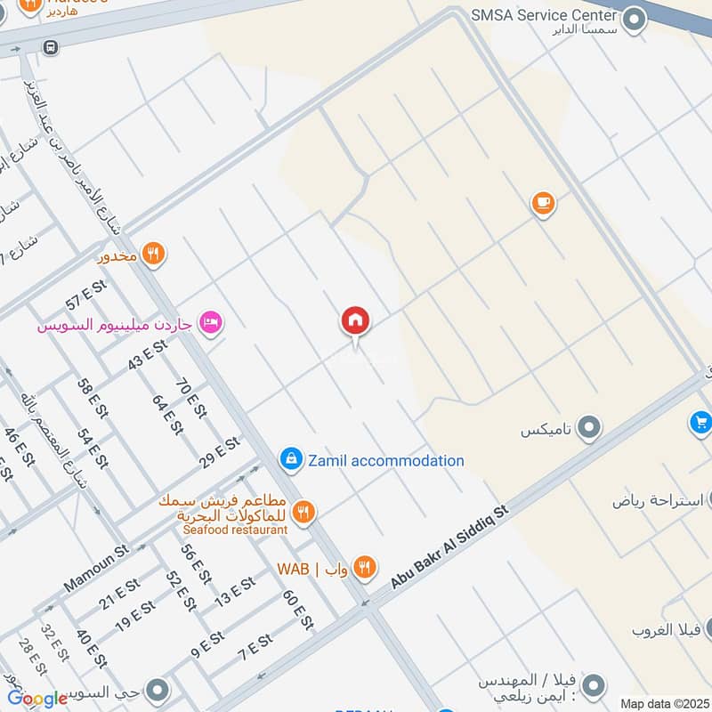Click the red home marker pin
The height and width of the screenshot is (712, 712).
pyautogui.click(x=356, y=321)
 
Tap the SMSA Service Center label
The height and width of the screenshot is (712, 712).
pyautogui.click(x=545, y=15)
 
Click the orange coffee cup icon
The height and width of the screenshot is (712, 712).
pyautogui.click(x=543, y=204)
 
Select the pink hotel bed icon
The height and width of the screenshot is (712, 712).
pyautogui.click(x=210, y=321)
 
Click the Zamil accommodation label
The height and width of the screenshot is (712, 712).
pyautogui.click(x=385, y=461)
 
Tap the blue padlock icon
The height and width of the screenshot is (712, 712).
pyautogui.click(x=289, y=459)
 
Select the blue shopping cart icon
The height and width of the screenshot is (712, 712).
pyautogui.click(x=700, y=422)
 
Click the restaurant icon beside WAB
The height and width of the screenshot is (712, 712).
pyautogui.click(x=364, y=567)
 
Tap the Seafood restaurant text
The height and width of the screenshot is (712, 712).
pyautogui.click(x=235, y=530)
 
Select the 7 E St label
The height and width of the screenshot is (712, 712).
pyautogui.click(x=255, y=648)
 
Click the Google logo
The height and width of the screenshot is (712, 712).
pyautogui.click(x=37, y=699)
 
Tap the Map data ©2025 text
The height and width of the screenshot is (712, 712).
pyautogui.click(x=663, y=703)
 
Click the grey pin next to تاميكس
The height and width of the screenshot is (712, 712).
pyautogui.click(x=587, y=430)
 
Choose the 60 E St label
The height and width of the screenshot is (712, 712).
pyautogui.click(x=298, y=610)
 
